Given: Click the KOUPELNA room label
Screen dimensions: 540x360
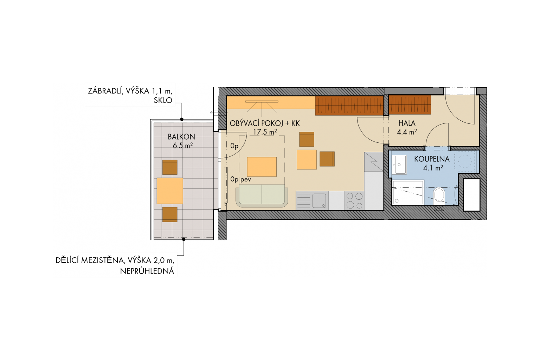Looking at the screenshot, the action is click(x=432, y=159).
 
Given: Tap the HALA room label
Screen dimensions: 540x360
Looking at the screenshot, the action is click(x=407, y=123).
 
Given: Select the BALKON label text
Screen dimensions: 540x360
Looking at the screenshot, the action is click(x=181, y=137).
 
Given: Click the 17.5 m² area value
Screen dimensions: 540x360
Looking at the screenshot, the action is click(x=265, y=132).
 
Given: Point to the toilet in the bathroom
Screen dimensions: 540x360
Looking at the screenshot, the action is click(x=439, y=196).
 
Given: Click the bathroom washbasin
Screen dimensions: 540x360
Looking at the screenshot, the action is click(x=399, y=165).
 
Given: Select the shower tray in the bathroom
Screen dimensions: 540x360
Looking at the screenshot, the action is click(x=408, y=193).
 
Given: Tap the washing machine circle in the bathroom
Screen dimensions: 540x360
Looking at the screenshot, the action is click(x=465, y=161).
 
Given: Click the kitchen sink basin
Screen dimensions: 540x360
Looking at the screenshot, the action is click(x=319, y=201).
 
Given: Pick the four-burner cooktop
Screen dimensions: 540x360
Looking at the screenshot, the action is click(x=354, y=201).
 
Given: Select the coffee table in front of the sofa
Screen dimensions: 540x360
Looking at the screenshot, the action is click(x=262, y=167).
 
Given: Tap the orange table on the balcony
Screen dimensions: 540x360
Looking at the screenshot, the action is click(x=170, y=191).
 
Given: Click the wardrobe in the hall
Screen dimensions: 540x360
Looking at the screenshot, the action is click(x=410, y=105).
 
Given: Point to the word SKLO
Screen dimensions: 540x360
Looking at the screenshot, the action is click(x=163, y=100).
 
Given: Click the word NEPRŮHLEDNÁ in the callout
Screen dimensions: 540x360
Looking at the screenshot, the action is click(x=147, y=271).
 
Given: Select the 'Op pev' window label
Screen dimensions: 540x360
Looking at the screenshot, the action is click(x=240, y=179).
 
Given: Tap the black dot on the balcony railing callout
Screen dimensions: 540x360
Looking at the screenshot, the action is click(x=182, y=120).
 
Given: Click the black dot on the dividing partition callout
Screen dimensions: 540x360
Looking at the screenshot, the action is click(x=184, y=239).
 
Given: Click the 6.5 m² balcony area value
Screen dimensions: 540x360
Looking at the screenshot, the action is click(x=183, y=146).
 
